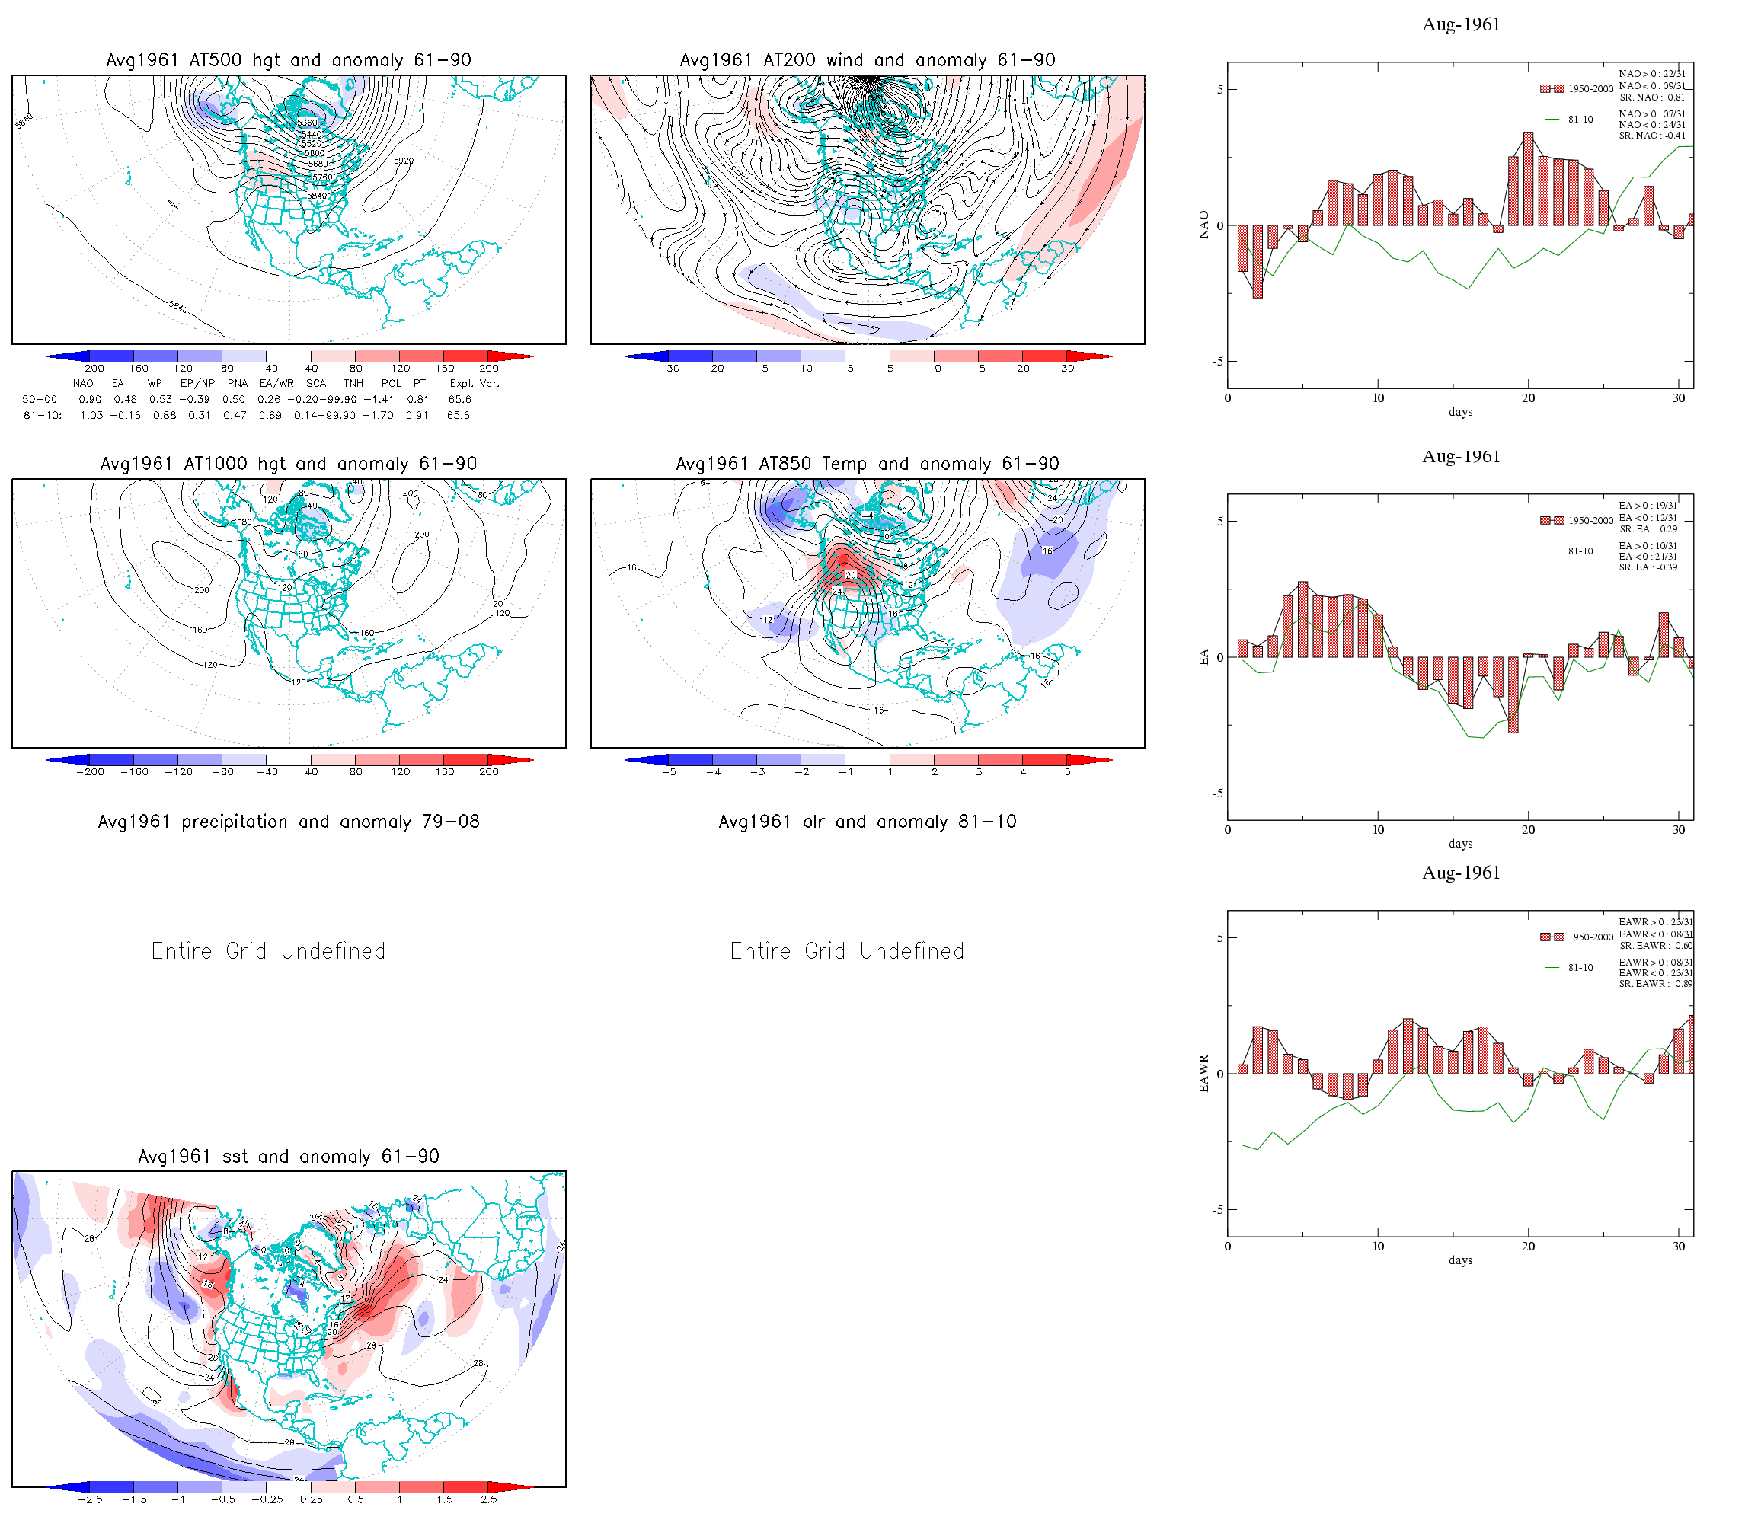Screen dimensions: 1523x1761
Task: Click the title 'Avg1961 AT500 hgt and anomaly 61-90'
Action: pos(288,60)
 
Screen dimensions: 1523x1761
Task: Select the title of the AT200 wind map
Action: pos(867,60)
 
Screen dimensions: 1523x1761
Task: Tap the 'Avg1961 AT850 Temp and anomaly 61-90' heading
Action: pos(867,464)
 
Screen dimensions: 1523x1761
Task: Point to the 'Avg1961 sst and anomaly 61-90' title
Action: pos(288,1157)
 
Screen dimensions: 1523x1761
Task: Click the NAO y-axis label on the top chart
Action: pos(1203,225)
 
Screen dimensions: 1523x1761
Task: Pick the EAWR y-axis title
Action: pos(1203,1074)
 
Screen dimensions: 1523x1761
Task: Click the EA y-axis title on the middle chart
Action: pos(1203,657)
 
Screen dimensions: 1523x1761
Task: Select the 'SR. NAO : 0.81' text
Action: pos(1651,97)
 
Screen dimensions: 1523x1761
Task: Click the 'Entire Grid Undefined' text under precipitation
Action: pos(269,951)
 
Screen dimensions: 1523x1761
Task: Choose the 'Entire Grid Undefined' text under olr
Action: pos(847,951)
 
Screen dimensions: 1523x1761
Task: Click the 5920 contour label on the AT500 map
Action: pos(404,161)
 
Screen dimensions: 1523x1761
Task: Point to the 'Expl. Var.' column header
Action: pos(475,383)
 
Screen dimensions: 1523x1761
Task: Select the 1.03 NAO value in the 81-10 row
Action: pos(91,416)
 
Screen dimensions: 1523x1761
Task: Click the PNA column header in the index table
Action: pos(237,383)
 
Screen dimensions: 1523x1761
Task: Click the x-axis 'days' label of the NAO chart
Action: pos(1460,412)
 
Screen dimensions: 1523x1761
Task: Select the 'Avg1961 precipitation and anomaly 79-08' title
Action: pos(288,822)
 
